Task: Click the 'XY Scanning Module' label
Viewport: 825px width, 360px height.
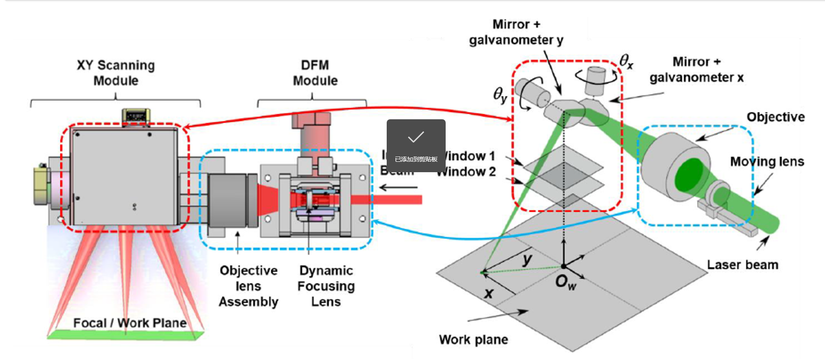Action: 116,73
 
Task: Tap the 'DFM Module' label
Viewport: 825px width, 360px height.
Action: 315,73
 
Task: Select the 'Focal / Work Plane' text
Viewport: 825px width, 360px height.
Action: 130,323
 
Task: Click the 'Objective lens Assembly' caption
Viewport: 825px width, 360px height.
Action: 248,286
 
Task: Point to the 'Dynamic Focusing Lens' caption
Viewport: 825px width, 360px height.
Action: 326,286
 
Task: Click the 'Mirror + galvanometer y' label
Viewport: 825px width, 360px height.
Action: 516,32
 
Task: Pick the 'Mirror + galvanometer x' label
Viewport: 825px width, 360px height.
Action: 696,69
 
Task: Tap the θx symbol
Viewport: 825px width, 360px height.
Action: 626,61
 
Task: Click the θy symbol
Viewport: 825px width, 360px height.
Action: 500,95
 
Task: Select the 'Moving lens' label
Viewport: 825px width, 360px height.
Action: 767,162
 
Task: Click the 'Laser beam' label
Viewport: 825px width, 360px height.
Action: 742,265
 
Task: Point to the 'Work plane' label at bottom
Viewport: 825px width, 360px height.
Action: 473,340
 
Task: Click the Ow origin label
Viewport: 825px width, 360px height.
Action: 565,282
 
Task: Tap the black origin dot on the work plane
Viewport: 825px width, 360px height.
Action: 563,266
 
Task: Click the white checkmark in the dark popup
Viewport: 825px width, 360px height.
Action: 416,137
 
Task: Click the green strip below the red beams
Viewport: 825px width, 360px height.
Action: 126,335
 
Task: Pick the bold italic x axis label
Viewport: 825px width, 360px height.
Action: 489,294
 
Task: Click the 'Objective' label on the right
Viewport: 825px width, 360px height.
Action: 775,117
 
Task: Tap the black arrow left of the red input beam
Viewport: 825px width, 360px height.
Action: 398,188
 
